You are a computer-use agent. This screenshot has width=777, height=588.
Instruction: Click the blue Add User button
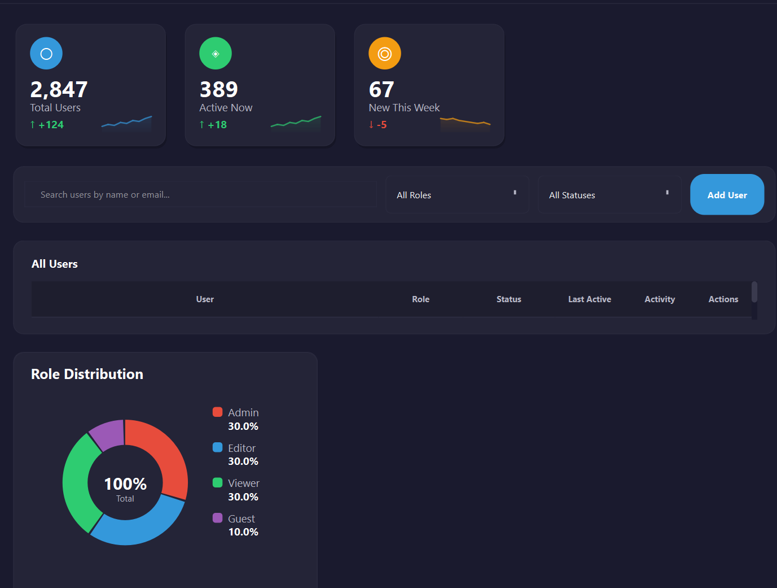point(727,195)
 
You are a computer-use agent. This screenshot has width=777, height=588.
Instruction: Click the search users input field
point(200,195)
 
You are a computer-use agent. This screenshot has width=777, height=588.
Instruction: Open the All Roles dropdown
point(457,195)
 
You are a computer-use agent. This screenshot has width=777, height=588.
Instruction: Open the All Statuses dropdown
point(609,195)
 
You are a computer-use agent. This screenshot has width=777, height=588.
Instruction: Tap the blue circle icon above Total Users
point(46,54)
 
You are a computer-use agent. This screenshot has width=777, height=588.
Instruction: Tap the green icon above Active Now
point(216,54)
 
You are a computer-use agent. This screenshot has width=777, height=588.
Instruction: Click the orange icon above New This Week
point(385,54)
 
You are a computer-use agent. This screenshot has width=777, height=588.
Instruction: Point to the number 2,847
point(59,89)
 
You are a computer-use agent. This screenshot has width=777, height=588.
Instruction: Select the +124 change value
point(51,125)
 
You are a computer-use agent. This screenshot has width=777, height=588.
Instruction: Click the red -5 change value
point(381,125)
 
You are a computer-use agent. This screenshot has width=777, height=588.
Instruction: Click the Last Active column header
point(590,299)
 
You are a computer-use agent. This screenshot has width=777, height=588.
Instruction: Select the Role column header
point(421,299)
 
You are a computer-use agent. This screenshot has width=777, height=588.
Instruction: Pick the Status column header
point(509,299)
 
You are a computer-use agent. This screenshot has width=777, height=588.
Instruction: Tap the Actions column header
point(723,299)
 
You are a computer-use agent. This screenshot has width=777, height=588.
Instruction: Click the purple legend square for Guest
point(217,518)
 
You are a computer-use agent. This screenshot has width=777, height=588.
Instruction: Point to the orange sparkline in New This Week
point(465,121)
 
